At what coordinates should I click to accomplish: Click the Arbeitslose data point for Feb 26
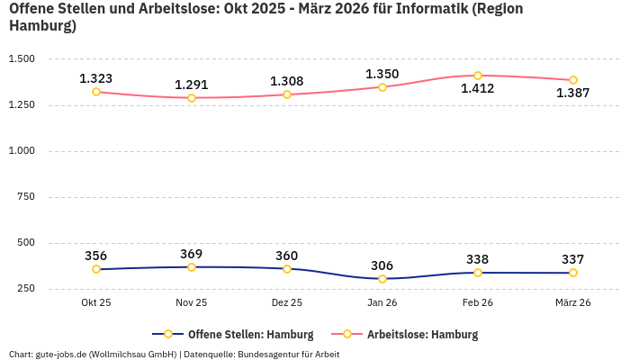coord(478,76)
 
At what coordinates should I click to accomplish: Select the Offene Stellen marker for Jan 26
coord(382,279)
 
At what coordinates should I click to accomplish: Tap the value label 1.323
coord(96,78)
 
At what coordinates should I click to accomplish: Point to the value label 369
coord(192,254)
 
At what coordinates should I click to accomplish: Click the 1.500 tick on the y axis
coord(21,58)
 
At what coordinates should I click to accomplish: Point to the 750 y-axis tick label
coord(26,196)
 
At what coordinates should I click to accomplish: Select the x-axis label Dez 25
coord(287,303)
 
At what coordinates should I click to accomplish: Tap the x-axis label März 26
coord(573,303)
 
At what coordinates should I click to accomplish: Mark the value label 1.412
coord(478,88)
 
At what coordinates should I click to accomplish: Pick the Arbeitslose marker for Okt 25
coord(96,92)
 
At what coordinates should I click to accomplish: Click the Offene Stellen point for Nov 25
coord(192,267)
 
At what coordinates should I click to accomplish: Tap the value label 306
coord(382,265)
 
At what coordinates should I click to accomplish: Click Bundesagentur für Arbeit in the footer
coord(287,354)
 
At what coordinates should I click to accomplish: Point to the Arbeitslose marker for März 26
coord(573,80)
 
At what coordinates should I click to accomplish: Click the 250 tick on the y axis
coord(26,288)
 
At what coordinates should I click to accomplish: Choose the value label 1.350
coord(382,74)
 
